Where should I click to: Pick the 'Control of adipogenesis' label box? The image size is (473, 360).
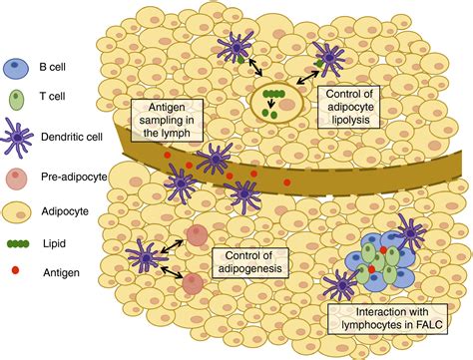(x=251, y=262)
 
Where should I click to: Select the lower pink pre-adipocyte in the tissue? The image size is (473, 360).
(x=194, y=284)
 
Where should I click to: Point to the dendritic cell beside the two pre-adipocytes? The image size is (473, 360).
(x=148, y=259)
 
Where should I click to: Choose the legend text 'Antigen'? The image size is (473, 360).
(x=64, y=270)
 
